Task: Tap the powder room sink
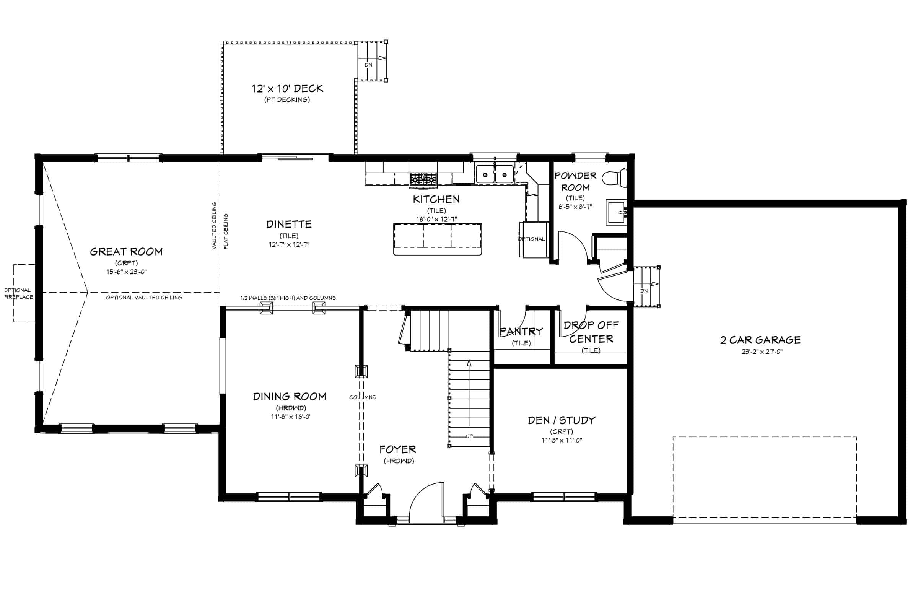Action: pyautogui.click(x=616, y=212)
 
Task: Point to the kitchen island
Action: pyautogui.click(x=438, y=239)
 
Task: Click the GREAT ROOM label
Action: pyautogui.click(x=126, y=252)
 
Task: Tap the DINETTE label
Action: pyautogui.click(x=289, y=225)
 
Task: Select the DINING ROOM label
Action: pyautogui.click(x=289, y=397)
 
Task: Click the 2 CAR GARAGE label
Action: pyautogui.click(x=760, y=340)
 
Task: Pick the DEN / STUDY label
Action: pyautogui.click(x=562, y=420)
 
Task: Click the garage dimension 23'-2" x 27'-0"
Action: pyautogui.click(x=762, y=352)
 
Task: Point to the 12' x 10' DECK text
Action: pyautogui.click(x=287, y=89)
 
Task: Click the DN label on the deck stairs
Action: pyautogui.click(x=368, y=65)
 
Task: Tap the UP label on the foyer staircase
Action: pyautogui.click(x=469, y=436)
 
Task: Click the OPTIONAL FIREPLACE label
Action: pyautogui.click(x=18, y=294)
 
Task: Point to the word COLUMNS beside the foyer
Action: pyautogui.click(x=363, y=397)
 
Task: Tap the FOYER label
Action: pyautogui.click(x=398, y=449)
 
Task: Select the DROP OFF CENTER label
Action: pyautogui.click(x=591, y=332)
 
